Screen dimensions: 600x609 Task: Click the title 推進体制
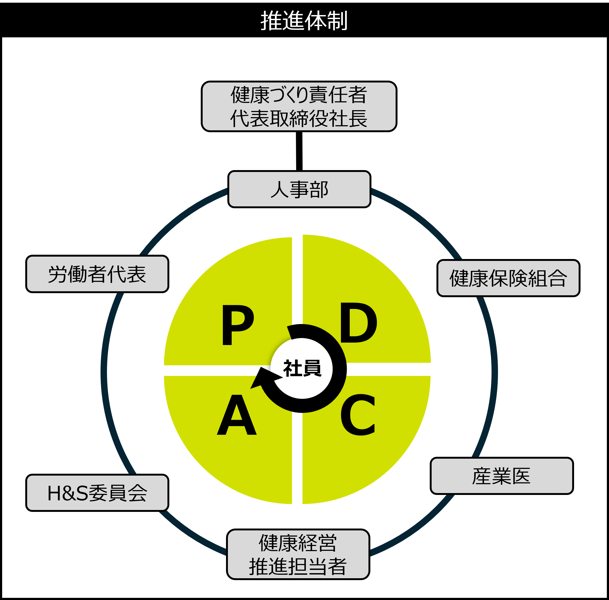(x=304, y=21)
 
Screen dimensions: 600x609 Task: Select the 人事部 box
(x=299, y=189)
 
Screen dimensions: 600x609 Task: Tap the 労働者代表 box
(x=97, y=274)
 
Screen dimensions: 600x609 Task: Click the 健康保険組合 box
(x=508, y=278)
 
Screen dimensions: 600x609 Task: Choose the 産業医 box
(x=501, y=476)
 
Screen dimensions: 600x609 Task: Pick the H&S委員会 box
(x=97, y=493)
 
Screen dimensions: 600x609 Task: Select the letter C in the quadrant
(x=358, y=415)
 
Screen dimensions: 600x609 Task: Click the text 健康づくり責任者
(x=299, y=95)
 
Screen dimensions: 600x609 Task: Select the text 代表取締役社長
(x=299, y=119)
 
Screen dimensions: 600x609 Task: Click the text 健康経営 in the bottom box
(x=298, y=543)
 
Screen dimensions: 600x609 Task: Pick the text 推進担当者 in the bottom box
(x=298, y=567)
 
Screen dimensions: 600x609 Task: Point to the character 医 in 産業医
(x=521, y=476)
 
